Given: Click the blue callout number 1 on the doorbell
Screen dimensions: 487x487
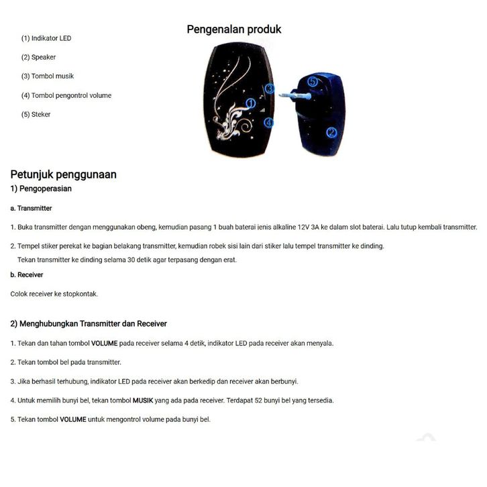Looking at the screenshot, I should click(250, 103).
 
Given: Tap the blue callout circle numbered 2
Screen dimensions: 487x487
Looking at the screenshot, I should click(331, 132).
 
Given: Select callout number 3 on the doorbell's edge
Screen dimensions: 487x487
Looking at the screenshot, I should click(270, 89).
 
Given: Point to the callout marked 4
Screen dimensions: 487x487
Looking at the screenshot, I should click(269, 122).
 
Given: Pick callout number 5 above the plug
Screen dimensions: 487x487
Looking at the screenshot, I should click(313, 81).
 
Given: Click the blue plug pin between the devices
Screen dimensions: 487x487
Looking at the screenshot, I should click(290, 95).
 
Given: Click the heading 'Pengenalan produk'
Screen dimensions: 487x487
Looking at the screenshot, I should click(233, 30).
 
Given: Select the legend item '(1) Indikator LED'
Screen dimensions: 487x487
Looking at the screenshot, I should click(46, 38).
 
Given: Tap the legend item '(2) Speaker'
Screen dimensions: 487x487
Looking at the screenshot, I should click(38, 57).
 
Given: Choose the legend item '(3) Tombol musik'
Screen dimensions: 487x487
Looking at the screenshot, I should click(47, 76).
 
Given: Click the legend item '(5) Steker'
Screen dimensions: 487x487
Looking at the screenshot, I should click(36, 114).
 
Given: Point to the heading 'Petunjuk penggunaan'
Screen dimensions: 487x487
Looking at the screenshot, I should click(63, 174).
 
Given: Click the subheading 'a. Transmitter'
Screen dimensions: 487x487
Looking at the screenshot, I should click(31, 208).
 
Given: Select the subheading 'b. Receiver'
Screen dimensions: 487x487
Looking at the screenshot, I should click(27, 275).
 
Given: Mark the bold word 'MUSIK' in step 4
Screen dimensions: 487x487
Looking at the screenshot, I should click(142, 400).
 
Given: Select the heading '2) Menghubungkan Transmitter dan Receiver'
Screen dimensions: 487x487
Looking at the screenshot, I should click(89, 324).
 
